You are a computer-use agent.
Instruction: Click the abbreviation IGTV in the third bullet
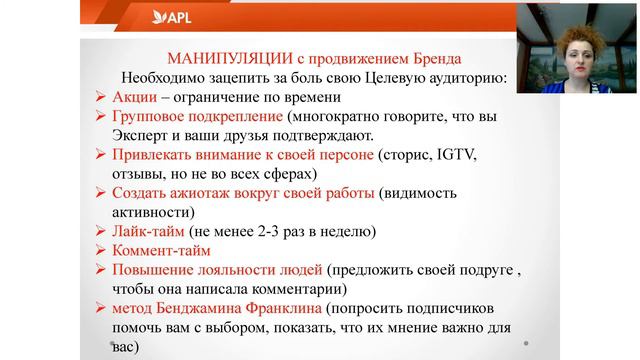click(x=454, y=155)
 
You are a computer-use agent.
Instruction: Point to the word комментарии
click(x=300, y=290)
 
